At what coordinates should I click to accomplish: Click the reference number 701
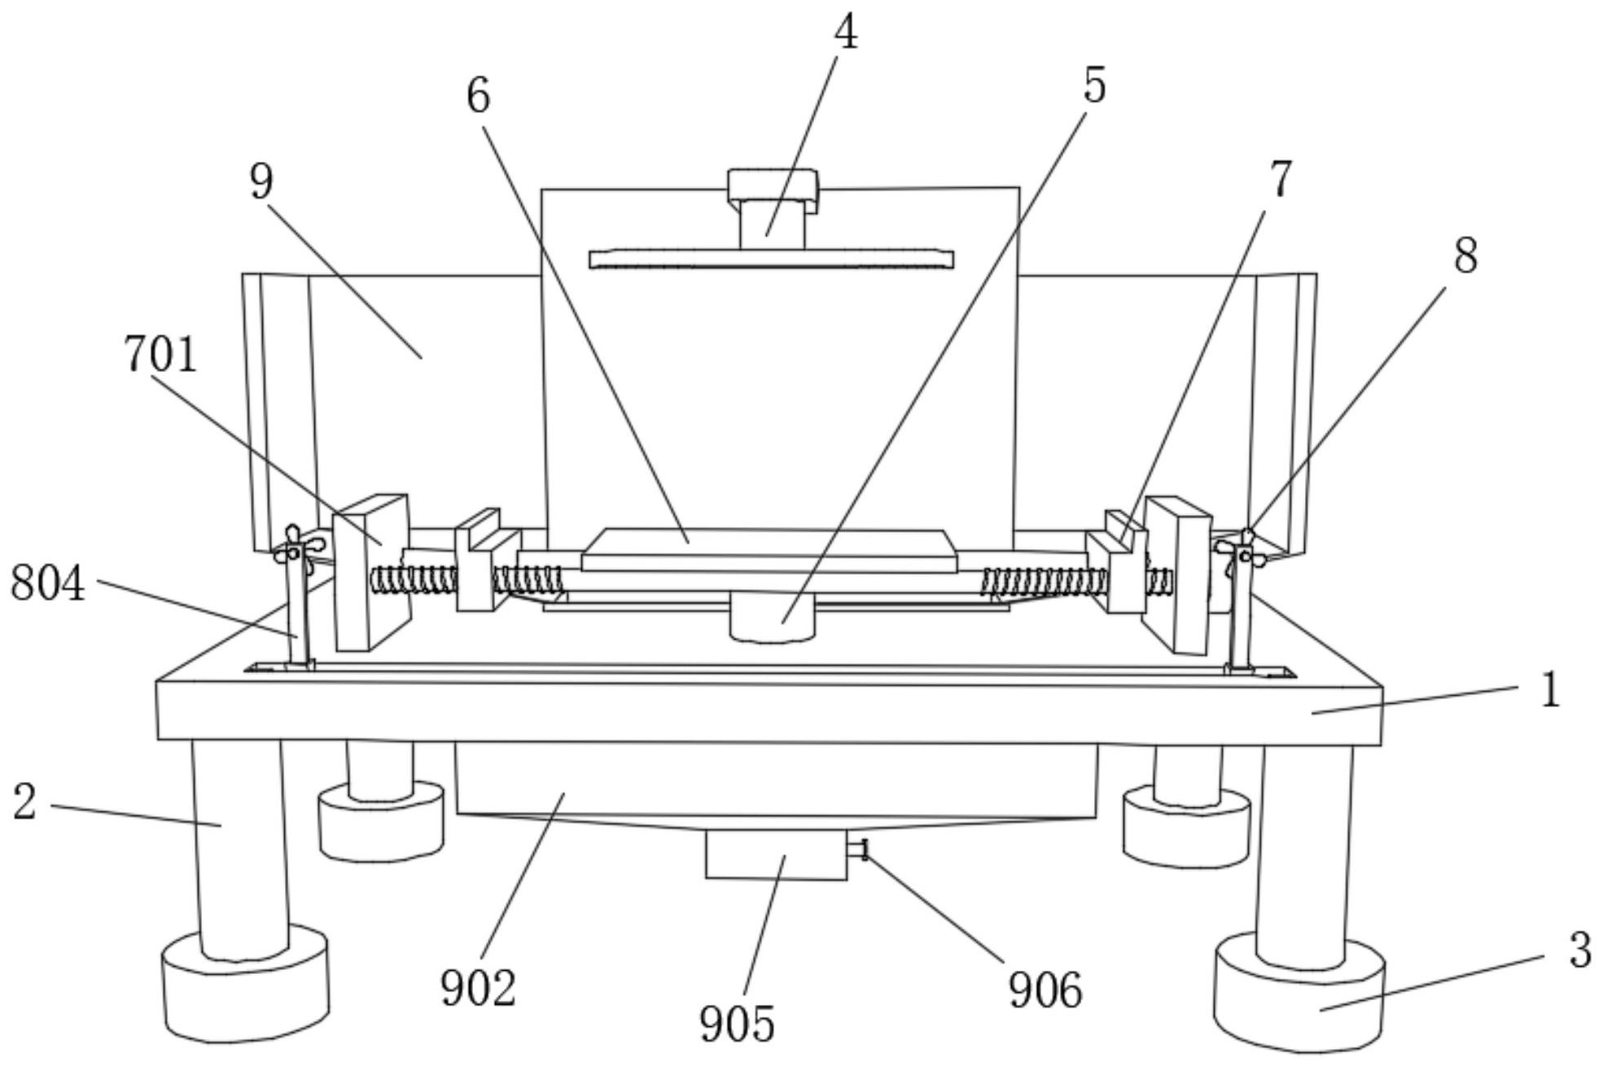point(160,356)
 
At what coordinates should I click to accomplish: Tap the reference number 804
point(47,584)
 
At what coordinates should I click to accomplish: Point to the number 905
point(737,1024)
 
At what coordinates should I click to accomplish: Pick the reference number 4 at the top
point(846,33)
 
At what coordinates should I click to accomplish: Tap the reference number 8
point(1465,256)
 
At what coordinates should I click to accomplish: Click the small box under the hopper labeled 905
point(776,854)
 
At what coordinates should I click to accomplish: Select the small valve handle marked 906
point(859,850)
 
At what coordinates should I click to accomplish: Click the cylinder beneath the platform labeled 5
point(772,616)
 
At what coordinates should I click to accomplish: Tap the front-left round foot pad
point(246,985)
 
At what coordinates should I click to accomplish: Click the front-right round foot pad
point(1299,992)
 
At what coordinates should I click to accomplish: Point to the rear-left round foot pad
point(381,820)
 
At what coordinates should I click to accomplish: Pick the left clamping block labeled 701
point(371,572)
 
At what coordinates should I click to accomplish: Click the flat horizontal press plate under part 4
point(771,260)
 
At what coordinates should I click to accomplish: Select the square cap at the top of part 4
point(773,186)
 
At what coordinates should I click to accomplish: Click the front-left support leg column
point(240,849)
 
